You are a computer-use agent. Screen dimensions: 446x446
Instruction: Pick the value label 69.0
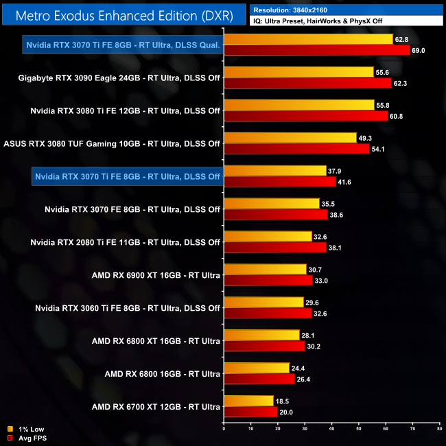pyautogui.click(x=418, y=51)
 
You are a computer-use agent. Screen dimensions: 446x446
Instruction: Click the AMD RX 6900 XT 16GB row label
pyautogui.click(x=156, y=275)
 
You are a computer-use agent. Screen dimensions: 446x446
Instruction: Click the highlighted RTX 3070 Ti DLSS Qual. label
pyautogui.click(x=123, y=45)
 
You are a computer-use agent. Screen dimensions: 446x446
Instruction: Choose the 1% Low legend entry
pyautogui.click(x=27, y=430)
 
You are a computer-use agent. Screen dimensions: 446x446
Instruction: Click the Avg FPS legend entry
pyautogui.click(x=29, y=438)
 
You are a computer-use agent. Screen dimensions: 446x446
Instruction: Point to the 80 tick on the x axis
pyautogui.click(x=439, y=430)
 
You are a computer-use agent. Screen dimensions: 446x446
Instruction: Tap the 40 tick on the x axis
pyautogui.click(x=331, y=430)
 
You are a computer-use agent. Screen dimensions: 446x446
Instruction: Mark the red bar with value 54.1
pyautogui.click(x=296, y=149)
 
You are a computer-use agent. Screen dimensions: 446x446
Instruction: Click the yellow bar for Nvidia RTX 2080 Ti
pyautogui.click(x=268, y=236)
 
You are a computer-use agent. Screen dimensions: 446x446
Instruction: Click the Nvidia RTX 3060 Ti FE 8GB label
pyautogui.click(x=128, y=308)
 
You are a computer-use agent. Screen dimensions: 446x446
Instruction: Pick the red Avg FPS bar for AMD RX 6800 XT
pyautogui.click(x=264, y=346)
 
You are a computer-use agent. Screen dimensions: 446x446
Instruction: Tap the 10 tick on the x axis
pyautogui.click(x=250, y=430)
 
